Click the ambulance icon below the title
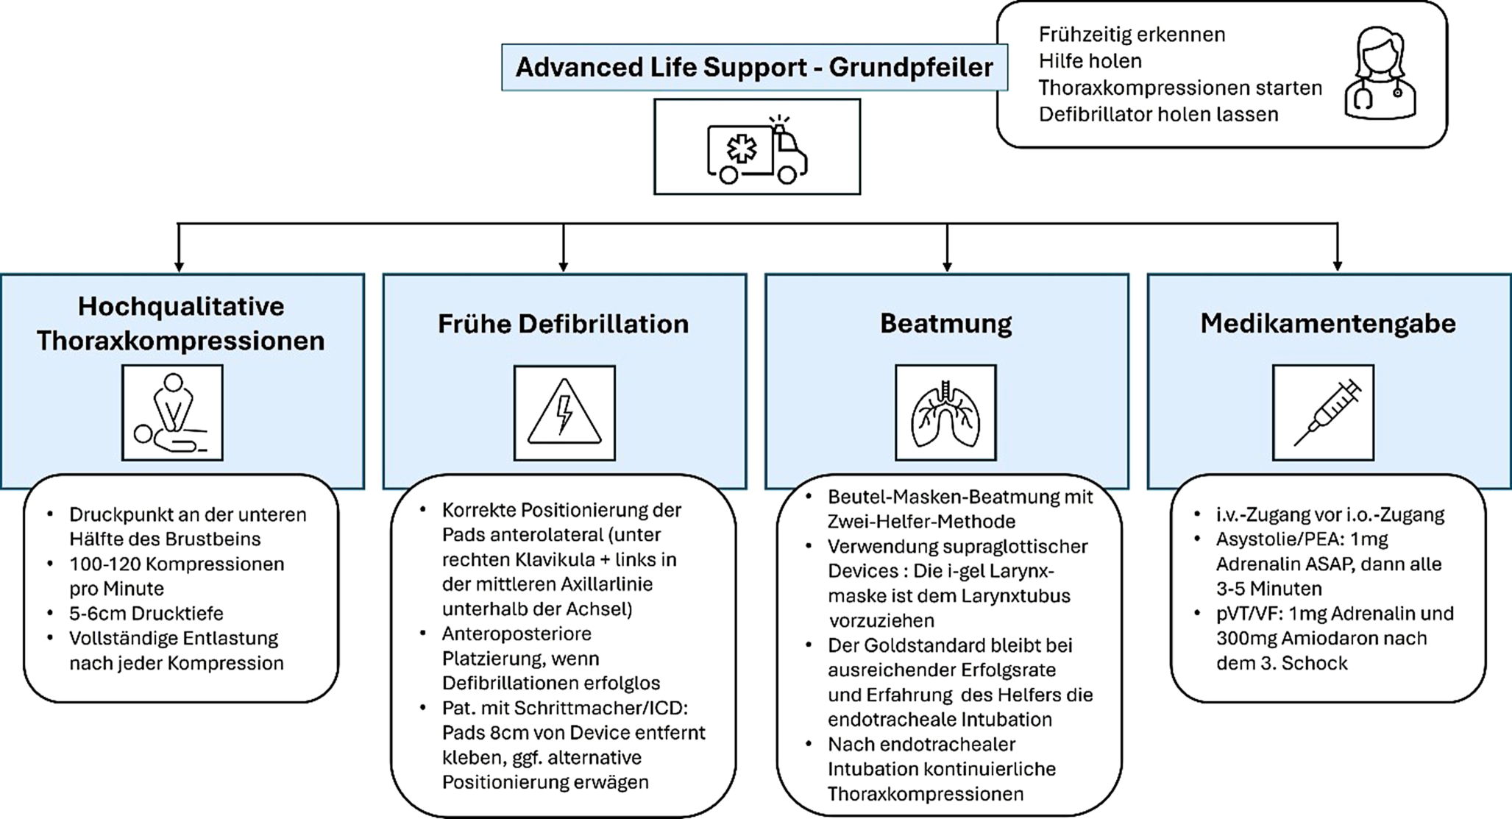coord(756,149)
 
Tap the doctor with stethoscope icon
coord(1380,74)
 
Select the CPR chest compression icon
coord(172,413)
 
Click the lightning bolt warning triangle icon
coord(564,413)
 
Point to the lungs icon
coord(945,413)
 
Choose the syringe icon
coord(1323,413)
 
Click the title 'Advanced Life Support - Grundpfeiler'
coord(754,67)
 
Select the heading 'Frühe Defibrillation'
coord(564,324)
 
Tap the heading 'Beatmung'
coord(946,323)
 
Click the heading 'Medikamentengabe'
coord(1328,323)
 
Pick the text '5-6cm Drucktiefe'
coord(146,613)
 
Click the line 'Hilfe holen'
coord(1090,61)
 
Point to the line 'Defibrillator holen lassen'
coord(1158,114)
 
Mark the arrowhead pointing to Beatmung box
coord(947,266)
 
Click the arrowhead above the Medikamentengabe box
coord(1337,266)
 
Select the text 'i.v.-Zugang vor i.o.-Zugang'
coord(1330,514)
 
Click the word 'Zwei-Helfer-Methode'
coord(921,522)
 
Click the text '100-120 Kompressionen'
coord(177,564)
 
